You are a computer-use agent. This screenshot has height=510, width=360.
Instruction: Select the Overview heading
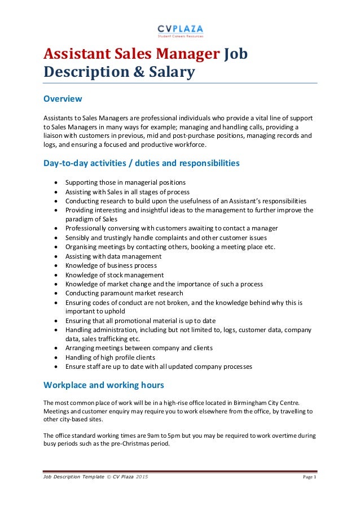(x=63, y=99)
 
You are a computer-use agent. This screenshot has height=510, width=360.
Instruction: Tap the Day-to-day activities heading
(x=141, y=164)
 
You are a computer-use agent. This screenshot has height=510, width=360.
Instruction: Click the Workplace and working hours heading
(x=104, y=385)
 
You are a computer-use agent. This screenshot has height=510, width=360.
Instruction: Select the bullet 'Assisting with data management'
(x=113, y=256)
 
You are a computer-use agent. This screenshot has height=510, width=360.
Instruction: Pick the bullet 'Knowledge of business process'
(x=111, y=265)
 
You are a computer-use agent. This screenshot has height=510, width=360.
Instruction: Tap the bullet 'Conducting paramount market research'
(x=124, y=293)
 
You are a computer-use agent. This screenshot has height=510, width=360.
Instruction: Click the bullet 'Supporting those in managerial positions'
(x=125, y=182)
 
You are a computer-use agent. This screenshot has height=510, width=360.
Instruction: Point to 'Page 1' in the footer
(x=308, y=477)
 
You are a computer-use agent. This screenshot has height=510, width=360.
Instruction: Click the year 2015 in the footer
(x=143, y=477)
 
